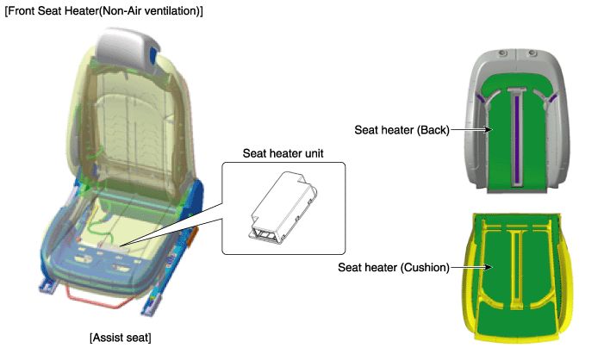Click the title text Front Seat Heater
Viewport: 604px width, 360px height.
click(x=53, y=11)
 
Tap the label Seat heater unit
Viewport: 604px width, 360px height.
click(x=283, y=153)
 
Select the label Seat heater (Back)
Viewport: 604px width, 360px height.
click(x=402, y=130)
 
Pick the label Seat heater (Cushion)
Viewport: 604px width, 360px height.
click(x=394, y=267)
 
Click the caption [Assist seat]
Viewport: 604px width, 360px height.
click(x=121, y=338)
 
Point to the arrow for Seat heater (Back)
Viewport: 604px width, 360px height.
click(x=471, y=130)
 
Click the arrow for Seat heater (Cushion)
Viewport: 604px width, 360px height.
click(x=471, y=267)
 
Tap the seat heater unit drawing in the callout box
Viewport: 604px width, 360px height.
click(x=283, y=208)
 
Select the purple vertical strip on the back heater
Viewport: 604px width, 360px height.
click(x=517, y=139)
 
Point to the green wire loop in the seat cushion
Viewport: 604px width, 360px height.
click(x=101, y=228)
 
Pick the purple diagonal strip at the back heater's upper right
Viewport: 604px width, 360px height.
click(x=552, y=99)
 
